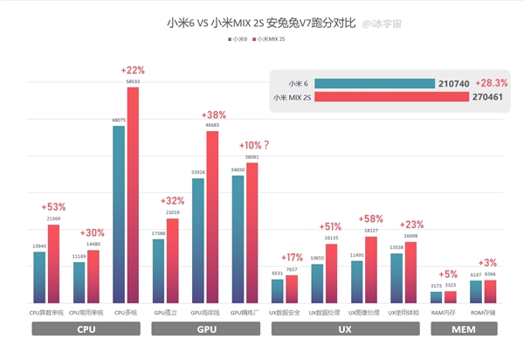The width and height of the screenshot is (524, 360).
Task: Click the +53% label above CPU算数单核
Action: tap(53, 207)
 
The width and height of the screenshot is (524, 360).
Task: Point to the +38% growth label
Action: tap(214, 115)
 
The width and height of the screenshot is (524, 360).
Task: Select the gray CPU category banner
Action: tap(86, 330)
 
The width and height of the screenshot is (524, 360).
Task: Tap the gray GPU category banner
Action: tap(206, 330)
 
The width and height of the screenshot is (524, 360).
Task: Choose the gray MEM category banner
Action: tap(464, 330)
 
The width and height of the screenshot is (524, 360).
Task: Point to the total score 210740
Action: tap(453, 83)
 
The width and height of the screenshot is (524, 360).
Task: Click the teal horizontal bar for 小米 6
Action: tap(375, 83)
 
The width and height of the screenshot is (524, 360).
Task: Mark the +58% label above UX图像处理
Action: tap(371, 218)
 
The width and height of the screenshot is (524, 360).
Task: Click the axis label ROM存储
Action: tap(483, 311)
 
